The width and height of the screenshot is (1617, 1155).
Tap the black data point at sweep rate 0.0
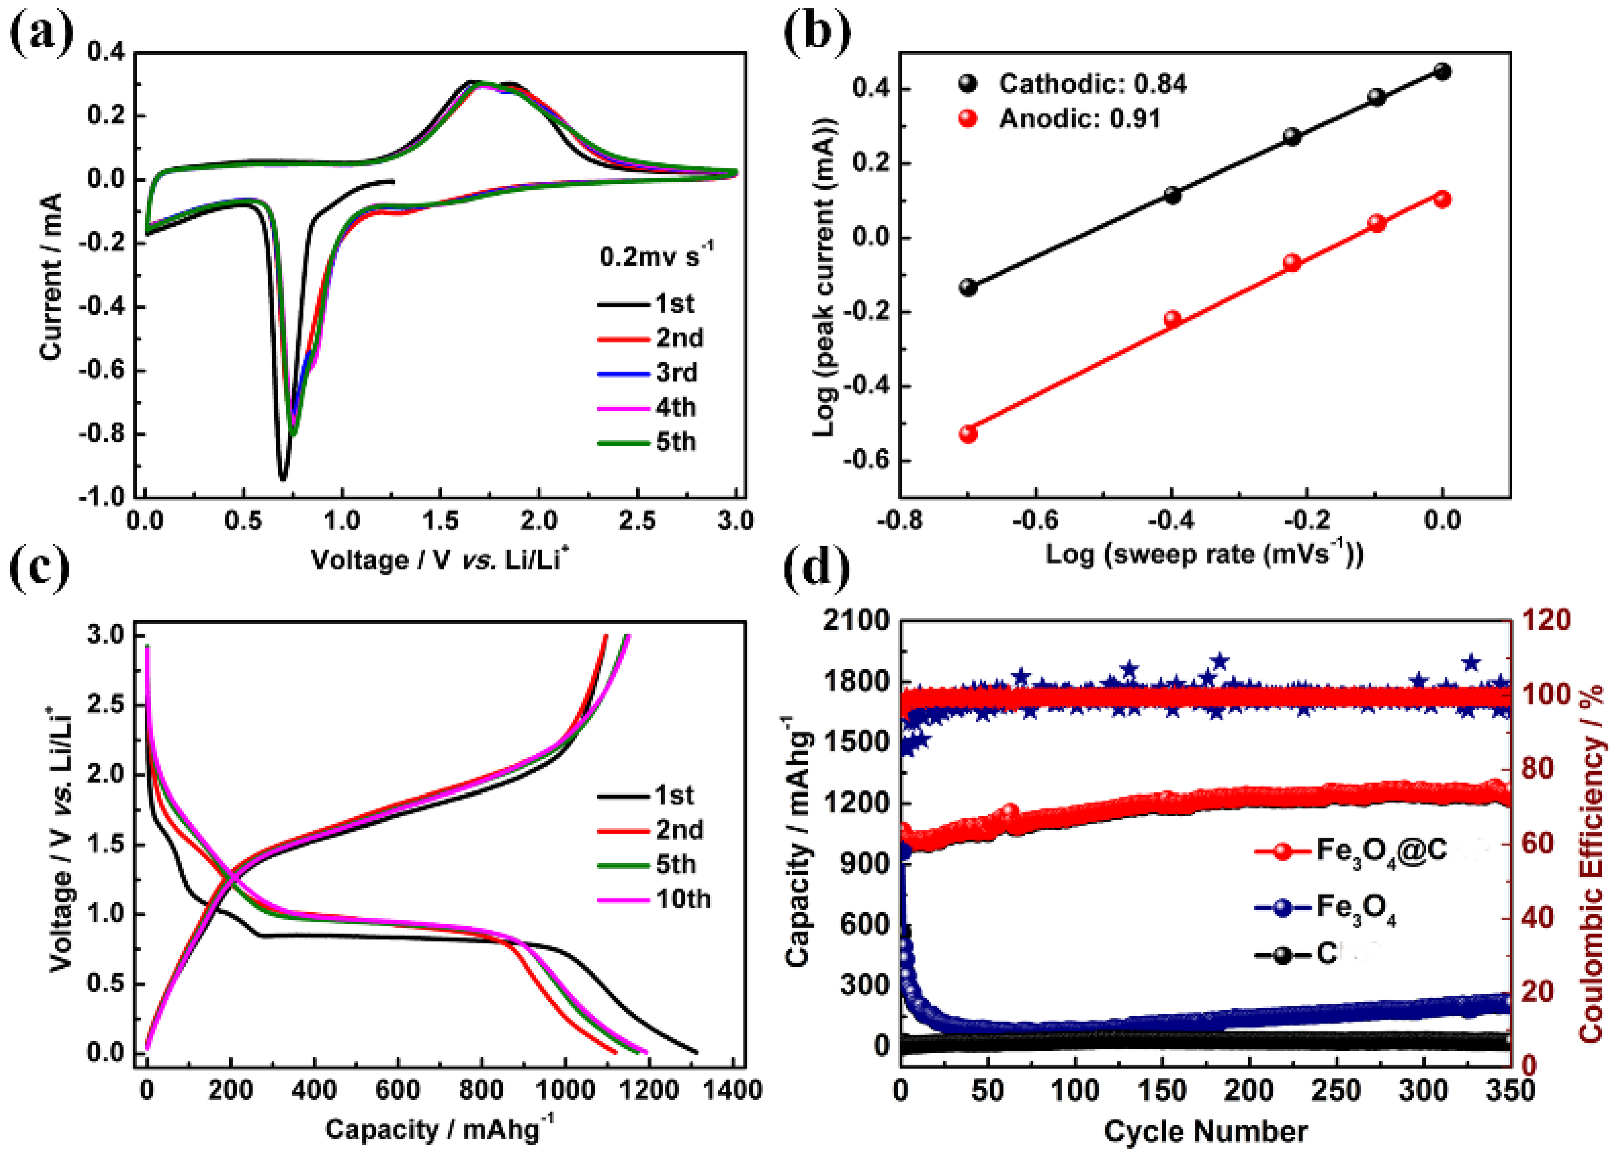click(1442, 72)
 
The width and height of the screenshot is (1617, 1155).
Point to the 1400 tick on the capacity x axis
click(733, 1090)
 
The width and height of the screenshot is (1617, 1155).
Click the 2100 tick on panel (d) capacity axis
click(856, 620)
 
